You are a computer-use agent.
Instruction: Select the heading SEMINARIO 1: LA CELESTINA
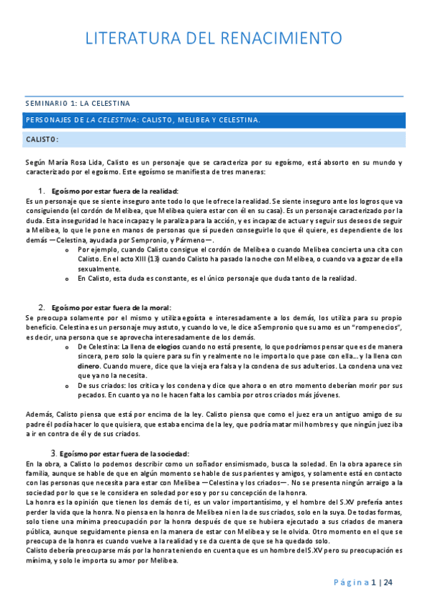tap(77, 104)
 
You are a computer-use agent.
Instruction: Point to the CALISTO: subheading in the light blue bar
tap(41, 139)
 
